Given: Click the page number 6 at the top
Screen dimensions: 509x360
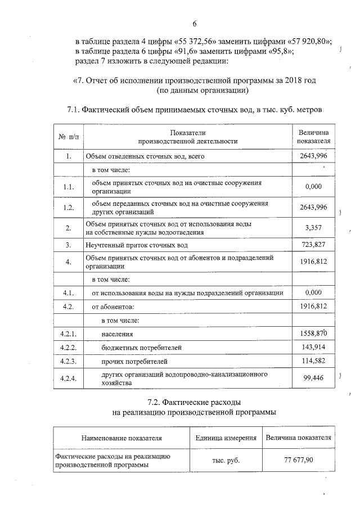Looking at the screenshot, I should point(194,24).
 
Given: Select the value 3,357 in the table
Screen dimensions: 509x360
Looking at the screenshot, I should point(313,228).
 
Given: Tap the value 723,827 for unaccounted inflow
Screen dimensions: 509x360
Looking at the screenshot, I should point(313,245).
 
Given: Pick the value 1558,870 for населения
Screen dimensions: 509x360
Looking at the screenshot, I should point(313,334).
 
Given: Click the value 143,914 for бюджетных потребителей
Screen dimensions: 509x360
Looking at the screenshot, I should point(313,348).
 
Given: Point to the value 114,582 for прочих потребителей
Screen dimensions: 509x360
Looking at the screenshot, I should point(313,361).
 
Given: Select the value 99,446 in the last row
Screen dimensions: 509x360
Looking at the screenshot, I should point(313,378).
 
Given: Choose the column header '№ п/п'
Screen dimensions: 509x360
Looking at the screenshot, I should point(69,137).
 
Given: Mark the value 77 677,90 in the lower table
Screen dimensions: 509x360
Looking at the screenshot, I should point(298,460).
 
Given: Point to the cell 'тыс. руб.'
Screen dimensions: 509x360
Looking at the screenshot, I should point(226,460).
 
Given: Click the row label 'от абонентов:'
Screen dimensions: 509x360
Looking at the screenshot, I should point(113,307).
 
